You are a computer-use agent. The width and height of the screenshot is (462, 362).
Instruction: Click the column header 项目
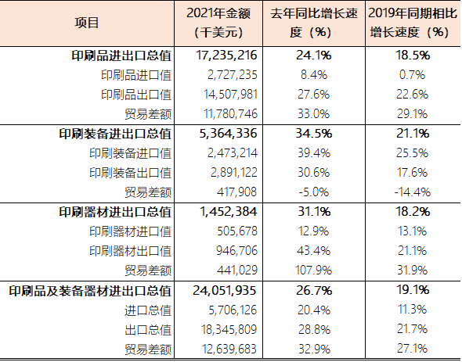coord(88,23)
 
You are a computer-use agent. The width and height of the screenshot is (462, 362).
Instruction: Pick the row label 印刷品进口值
coord(136,76)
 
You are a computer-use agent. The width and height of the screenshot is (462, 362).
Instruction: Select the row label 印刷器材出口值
coord(131,250)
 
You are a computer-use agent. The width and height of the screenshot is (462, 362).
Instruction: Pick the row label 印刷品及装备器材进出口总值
coord(90,289)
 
